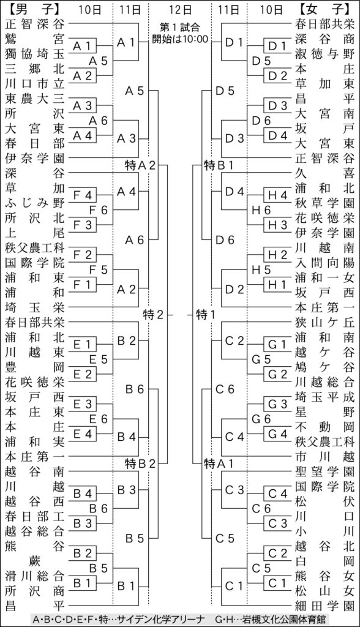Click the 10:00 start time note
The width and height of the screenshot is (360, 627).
[x=180, y=33]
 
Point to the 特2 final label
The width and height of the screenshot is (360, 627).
[x=154, y=315]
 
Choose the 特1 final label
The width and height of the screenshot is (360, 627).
[x=206, y=315]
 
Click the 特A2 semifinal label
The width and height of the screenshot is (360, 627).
[x=140, y=165]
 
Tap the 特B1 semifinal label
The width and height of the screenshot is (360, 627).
[x=219, y=165]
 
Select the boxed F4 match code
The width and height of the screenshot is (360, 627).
[x=83, y=195]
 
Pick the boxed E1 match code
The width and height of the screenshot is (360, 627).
[x=83, y=344]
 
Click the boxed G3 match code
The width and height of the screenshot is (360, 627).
[x=277, y=404]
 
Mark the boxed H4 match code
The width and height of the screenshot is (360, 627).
[x=277, y=195]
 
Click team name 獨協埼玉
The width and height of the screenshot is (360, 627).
[x=34, y=54]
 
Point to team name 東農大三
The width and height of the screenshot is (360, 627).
[x=34, y=99]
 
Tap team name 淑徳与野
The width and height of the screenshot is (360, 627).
[x=325, y=54]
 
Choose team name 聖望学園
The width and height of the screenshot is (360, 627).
[x=325, y=471]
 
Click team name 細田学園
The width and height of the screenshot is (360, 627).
[x=325, y=606]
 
